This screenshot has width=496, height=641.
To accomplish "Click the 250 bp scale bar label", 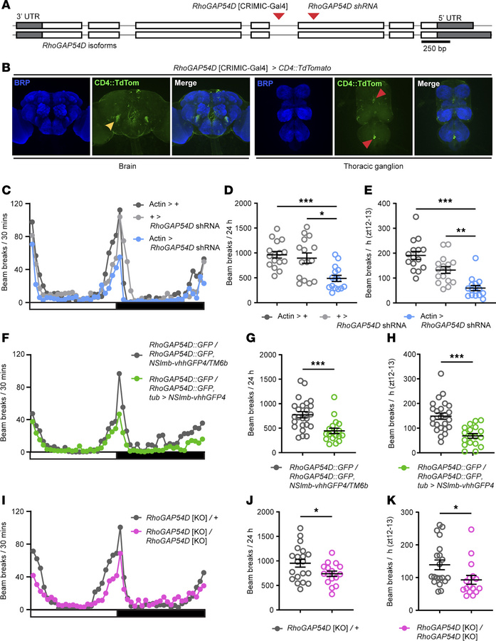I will [x=436, y=55].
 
